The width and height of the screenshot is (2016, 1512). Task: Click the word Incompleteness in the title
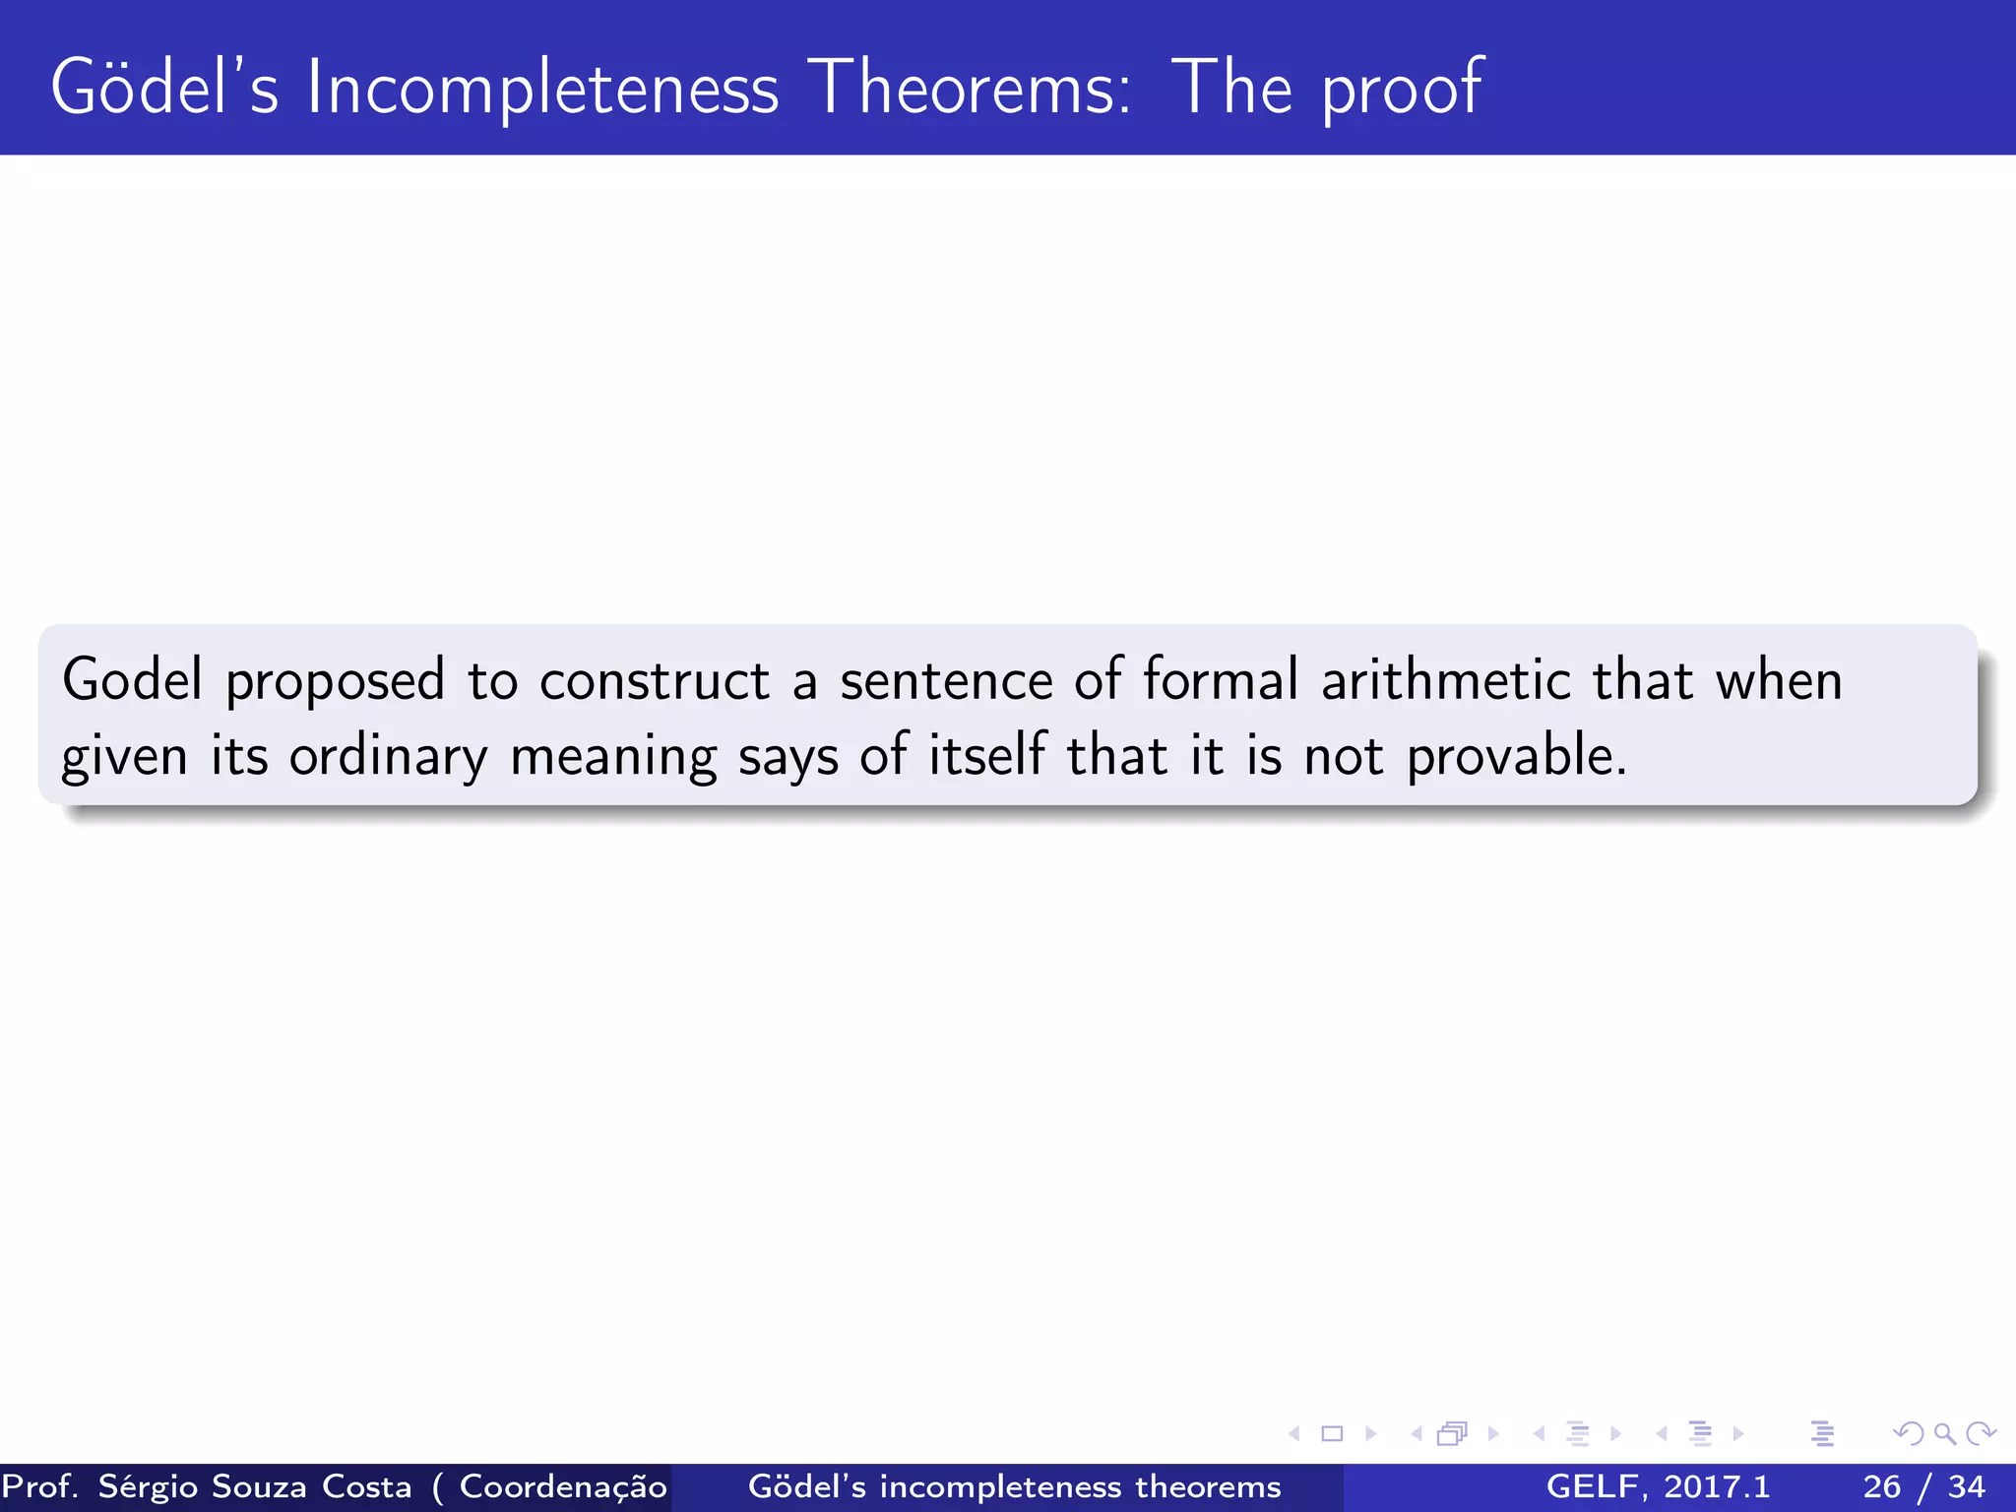click(541, 89)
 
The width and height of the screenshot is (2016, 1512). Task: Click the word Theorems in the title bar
click(973, 89)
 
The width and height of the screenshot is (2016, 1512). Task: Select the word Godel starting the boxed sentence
click(132, 680)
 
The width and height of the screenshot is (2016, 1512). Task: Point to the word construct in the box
click(654, 682)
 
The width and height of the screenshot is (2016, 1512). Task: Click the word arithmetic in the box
click(1444, 680)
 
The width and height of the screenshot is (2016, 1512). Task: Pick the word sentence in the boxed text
click(946, 682)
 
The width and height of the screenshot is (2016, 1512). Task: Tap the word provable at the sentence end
click(1515, 758)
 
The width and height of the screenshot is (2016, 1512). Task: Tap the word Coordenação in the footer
click(563, 1486)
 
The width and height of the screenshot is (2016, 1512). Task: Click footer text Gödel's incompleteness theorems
click(1014, 1486)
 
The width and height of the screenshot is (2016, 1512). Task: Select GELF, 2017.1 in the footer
click(1658, 1486)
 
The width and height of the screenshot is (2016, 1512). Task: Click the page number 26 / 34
click(1923, 1486)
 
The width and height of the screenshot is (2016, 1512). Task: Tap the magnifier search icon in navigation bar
click(1944, 1433)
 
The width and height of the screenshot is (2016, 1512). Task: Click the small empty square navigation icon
click(1332, 1433)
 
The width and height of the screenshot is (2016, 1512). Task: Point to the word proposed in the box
click(335, 682)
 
